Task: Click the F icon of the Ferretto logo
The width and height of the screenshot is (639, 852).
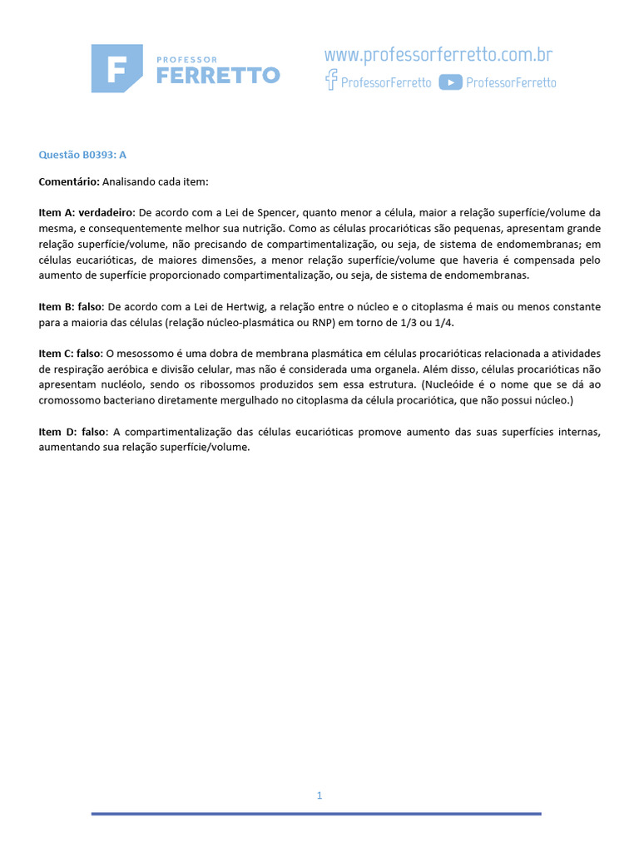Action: click(x=116, y=68)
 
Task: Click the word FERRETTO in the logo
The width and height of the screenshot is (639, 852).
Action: click(x=218, y=76)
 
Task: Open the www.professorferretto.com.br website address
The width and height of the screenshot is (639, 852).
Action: click(x=438, y=56)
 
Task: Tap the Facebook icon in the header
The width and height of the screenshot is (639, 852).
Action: click(x=331, y=81)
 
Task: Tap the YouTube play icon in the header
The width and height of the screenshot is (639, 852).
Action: click(x=450, y=82)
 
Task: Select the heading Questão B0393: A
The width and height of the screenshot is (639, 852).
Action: click(x=82, y=155)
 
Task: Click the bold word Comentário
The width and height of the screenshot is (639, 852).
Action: click(x=69, y=181)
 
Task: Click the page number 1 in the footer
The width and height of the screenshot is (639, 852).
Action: click(x=319, y=795)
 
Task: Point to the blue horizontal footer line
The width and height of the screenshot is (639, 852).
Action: click(x=316, y=814)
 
